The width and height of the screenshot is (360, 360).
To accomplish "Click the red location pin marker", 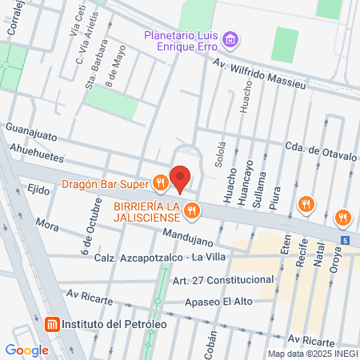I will pyautogui.click(x=181, y=179).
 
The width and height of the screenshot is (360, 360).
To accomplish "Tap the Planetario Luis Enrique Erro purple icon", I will pyautogui.click(x=231, y=38).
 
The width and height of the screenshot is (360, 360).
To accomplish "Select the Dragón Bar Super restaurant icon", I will pyautogui.click(x=160, y=184).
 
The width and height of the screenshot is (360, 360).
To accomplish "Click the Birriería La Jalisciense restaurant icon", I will pyautogui.click(x=190, y=211).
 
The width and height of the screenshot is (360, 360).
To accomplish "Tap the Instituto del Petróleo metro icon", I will pyautogui.click(x=52, y=325).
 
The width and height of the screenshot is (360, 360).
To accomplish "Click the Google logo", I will pyautogui.click(x=26, y=350).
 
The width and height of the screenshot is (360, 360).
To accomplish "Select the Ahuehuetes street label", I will pyautogui.click(x=38, y=148).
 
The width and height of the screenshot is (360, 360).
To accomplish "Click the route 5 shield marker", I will pyautogui.click(x=344, y=239).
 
